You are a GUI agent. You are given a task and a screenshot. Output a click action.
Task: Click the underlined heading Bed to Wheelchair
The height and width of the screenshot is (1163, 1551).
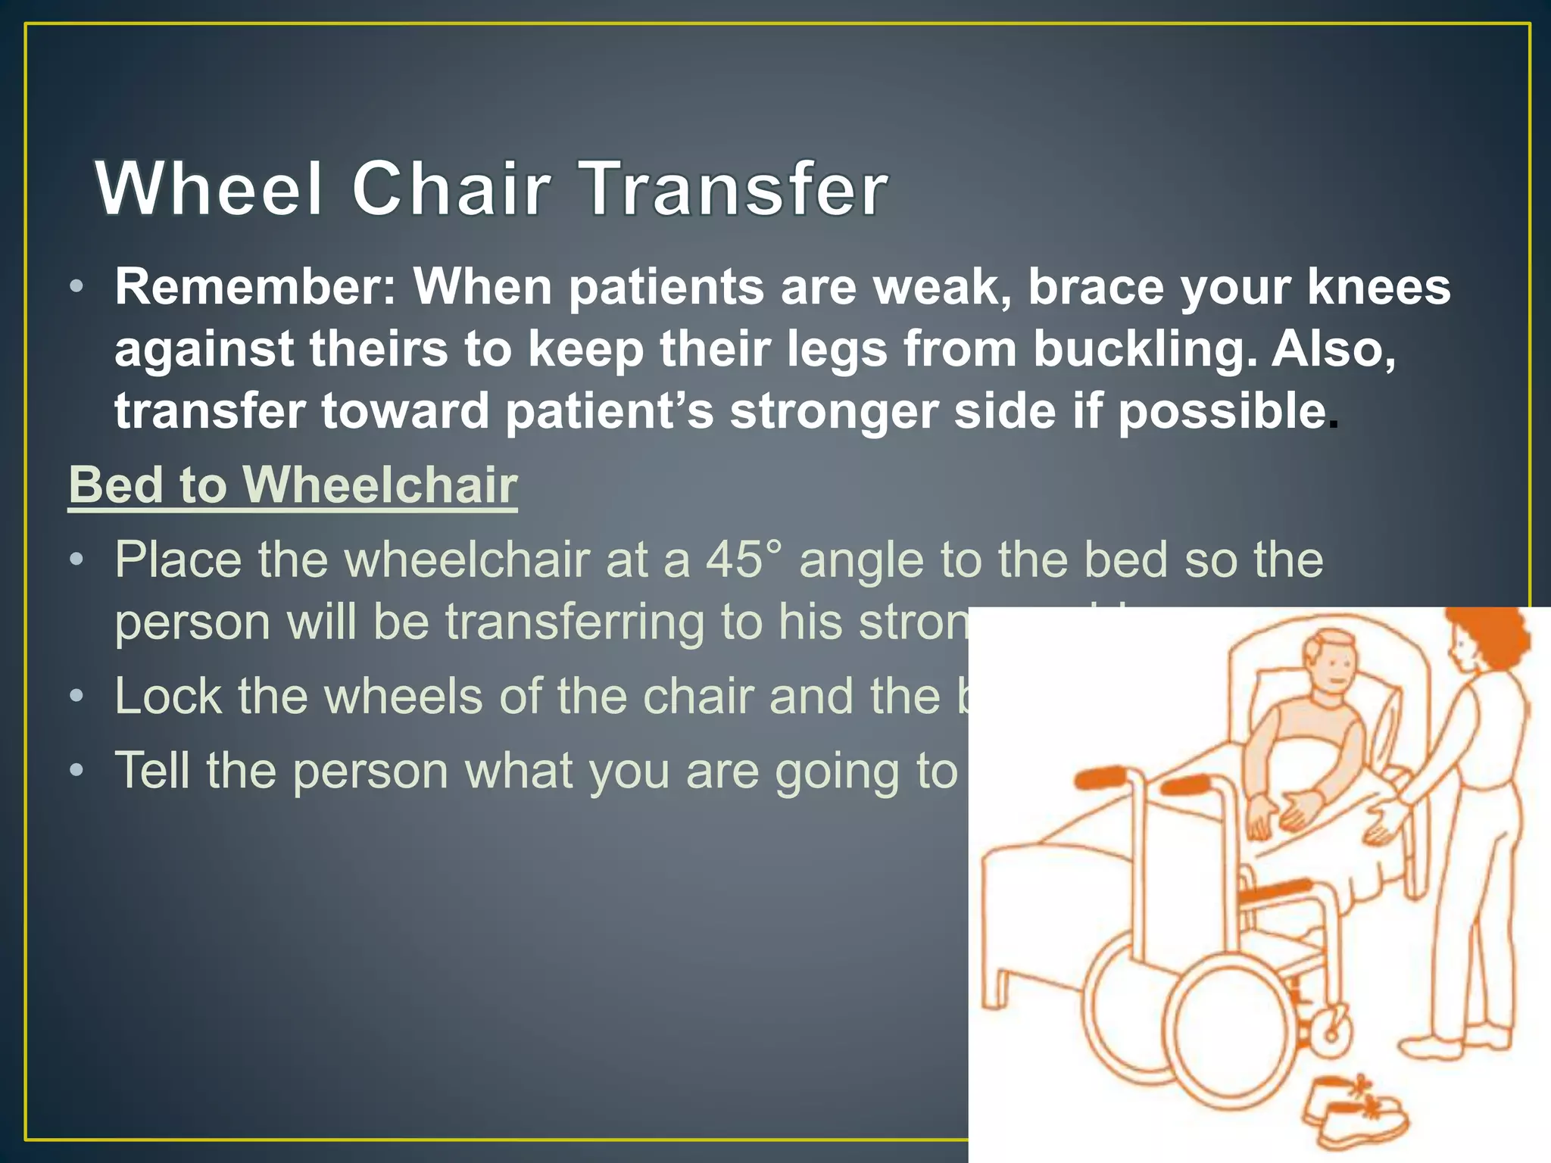[x=293, y=485]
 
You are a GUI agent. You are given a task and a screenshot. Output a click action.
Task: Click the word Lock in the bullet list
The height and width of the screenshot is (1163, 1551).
[x=168, y=697]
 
